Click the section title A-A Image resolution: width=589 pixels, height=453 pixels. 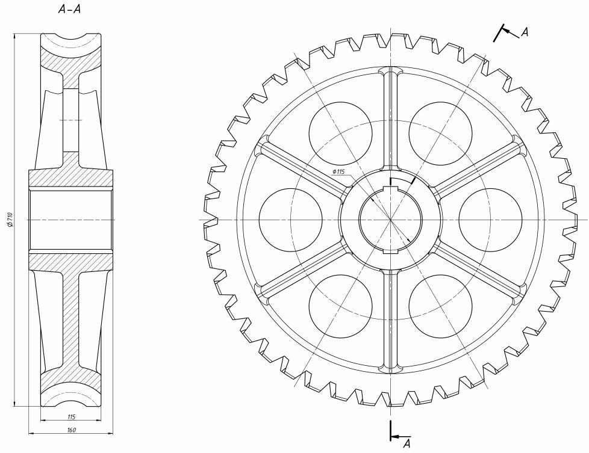pos(69,10)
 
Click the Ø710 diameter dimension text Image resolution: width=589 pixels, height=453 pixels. pos(10,220)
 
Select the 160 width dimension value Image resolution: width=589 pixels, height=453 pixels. pos(72,430)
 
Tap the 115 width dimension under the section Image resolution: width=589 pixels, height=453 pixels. pos(72,416)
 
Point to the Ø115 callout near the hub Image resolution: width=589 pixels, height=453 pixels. pos(338,171)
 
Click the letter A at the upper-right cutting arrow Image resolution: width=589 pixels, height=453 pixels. pos(525,32)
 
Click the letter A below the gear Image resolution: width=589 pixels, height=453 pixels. pos(407,444)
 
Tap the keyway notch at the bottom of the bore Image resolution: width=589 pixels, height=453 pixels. pos(391,251)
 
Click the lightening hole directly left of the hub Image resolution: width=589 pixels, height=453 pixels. pos(291,219)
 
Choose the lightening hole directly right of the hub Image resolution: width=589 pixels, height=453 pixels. pos(491,219)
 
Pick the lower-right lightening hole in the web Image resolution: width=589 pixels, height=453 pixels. pos(440,306)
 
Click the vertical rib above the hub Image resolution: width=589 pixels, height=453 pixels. pos(391,119)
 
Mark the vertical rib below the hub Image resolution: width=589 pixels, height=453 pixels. pos(391,321)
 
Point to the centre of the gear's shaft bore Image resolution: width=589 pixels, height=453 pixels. pos(391,219)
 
